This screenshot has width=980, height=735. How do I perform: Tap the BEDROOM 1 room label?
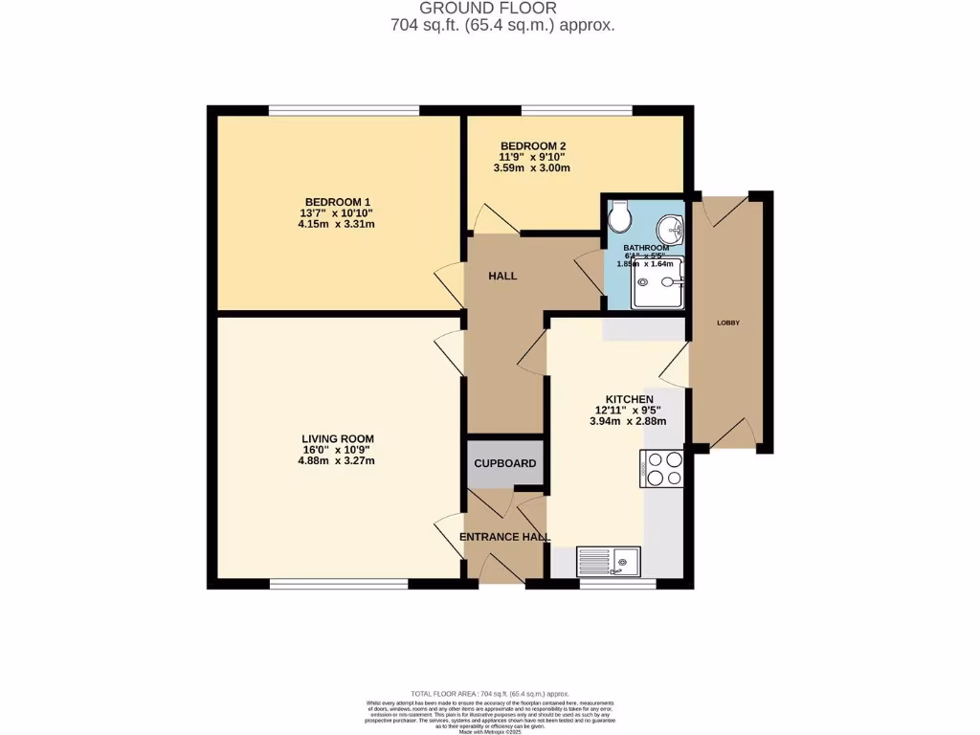[335, 201]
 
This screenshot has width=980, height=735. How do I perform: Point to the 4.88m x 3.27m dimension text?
[335, 460]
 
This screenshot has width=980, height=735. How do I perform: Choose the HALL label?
[502, 276]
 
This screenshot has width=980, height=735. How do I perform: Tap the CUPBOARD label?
[505, 463]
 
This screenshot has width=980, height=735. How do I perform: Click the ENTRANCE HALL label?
[504, 537]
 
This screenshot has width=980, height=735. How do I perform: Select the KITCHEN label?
[629, 399]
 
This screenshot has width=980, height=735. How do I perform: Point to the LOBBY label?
[728, 323]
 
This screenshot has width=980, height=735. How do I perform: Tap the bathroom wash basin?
[672, 229]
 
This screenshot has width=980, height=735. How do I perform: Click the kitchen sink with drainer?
[609, 561]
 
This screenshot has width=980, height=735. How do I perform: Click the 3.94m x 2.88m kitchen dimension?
[629, 420]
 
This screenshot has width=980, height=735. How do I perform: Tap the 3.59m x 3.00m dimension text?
[532, 167]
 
